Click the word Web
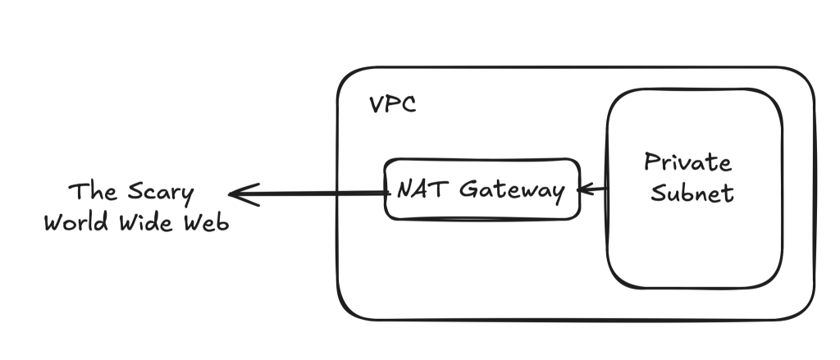click(x=206, y=223)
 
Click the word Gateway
click(x=512, y=190)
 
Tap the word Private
click(x=687, y=162)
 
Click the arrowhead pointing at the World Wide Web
click(x=238, y=194)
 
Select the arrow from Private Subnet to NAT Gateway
click(x=592, y=190)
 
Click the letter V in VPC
click(x=376, y=106)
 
